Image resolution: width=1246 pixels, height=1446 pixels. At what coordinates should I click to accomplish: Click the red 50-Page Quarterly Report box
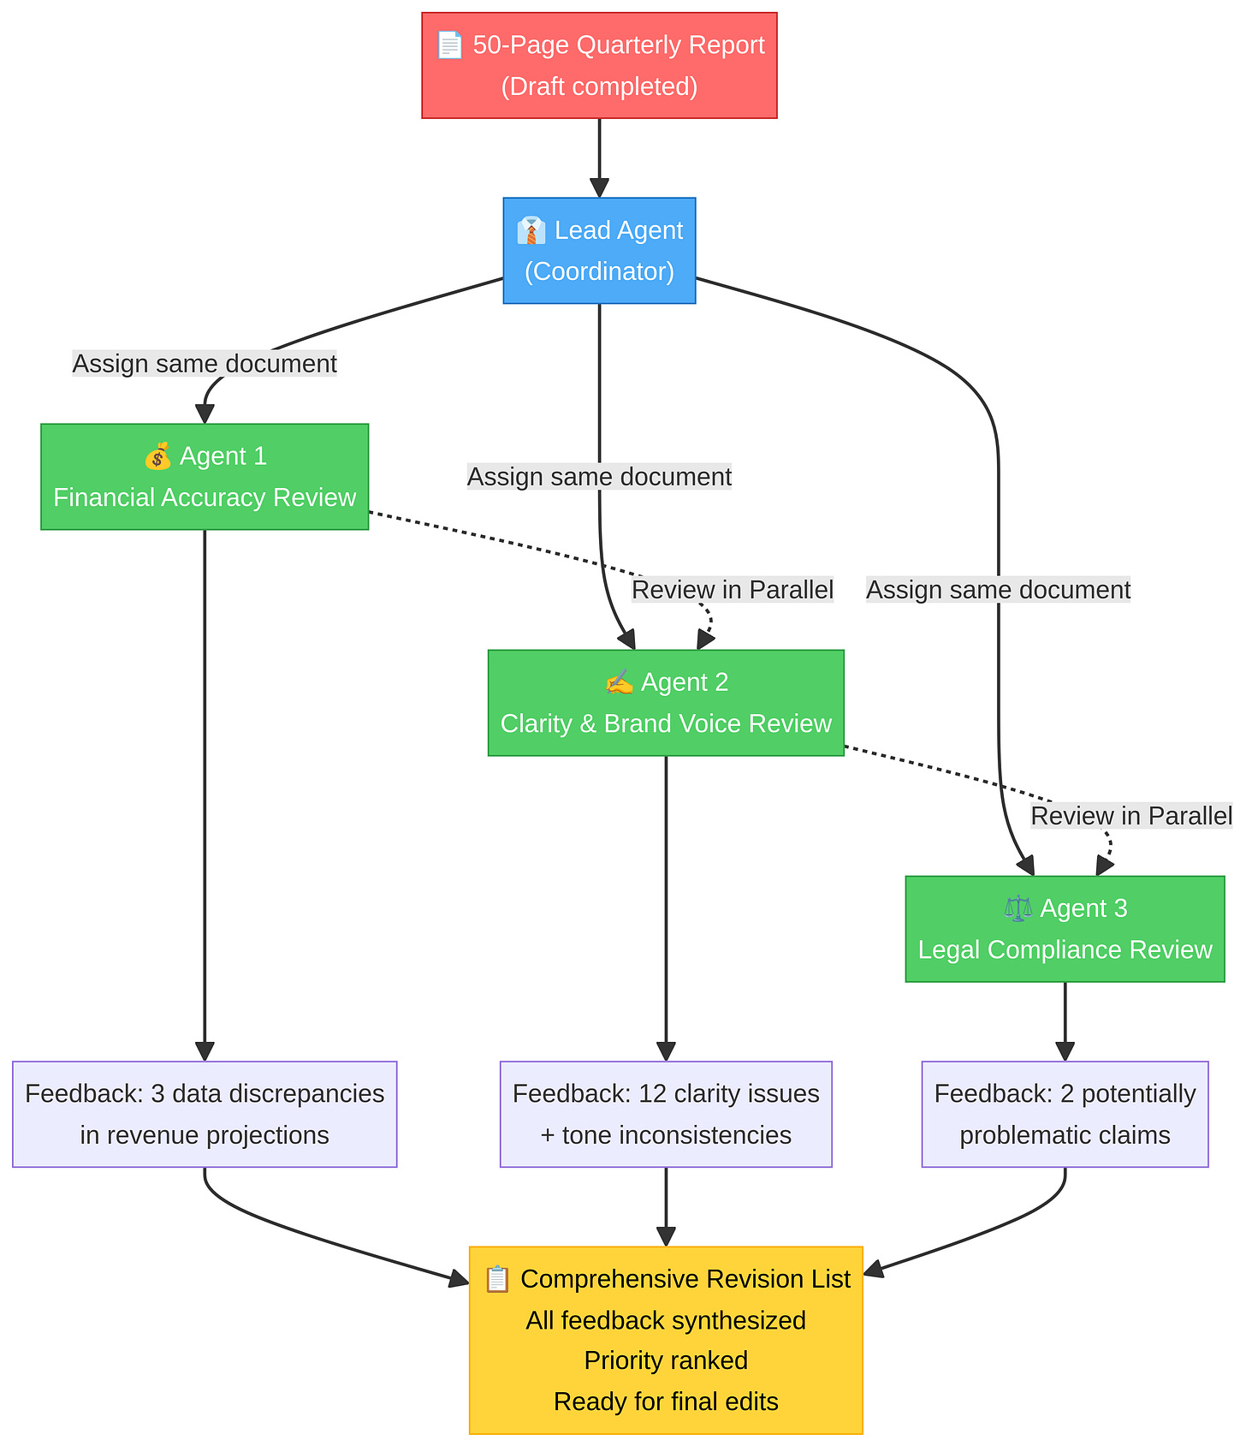pyautogui.click(x=599, y=65)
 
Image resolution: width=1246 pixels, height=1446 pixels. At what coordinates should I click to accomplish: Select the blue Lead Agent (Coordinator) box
pyautogui.click(x=599, y=250)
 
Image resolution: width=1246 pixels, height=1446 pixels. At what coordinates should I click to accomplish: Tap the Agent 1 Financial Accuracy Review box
pyautogui.click(x=205, y=477)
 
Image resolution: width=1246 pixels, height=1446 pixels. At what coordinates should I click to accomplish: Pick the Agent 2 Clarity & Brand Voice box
pyautogui.click(x=666, y=703)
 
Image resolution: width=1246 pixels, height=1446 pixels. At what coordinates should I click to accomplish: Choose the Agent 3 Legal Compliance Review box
pyautogui.click(x=1065, y=929)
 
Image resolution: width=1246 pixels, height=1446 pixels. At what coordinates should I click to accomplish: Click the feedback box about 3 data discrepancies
pyautogui.click(x=205, y=1114)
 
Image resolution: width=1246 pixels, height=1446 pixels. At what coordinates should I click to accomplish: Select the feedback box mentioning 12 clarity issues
pyautogui.click(x=666, y=1114)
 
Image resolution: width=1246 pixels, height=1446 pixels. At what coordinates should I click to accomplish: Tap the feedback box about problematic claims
pyautogui.click(x=1065, y=1114)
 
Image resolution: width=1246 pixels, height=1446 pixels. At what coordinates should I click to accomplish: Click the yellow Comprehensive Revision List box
pyautogui.click(x=666, y=1340)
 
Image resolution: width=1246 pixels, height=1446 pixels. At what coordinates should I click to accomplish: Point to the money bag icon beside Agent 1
pyautogui.click(x=157, y=456)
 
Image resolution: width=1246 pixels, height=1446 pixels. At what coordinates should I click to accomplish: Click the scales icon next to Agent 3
pyautogui.click(x=1018, y=908)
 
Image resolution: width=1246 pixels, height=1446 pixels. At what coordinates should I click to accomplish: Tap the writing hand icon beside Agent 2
pyautogui.click(x=619, y=682)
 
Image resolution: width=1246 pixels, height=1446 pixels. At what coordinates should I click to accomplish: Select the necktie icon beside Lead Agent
pyautogui.click(x=531, y=230)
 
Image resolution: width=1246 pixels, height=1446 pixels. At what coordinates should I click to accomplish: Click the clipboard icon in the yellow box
pyautogui.click(x=497, y=1279)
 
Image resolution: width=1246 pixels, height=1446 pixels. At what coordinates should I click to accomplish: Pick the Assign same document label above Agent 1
pyautogui.click(x=205, y=364)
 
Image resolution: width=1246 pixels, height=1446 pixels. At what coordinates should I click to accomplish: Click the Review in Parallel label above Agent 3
pyautogui.click(x=1130, y=816)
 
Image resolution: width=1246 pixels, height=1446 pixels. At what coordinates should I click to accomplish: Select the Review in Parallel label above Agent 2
pyautogui.click(x=733, y=590)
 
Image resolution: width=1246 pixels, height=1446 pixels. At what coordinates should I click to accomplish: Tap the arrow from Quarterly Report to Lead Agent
pyautogui.click(x=599, y=158)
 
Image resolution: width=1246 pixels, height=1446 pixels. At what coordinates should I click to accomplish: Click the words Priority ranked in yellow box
pyautogui.click(x=666, y=1360)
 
